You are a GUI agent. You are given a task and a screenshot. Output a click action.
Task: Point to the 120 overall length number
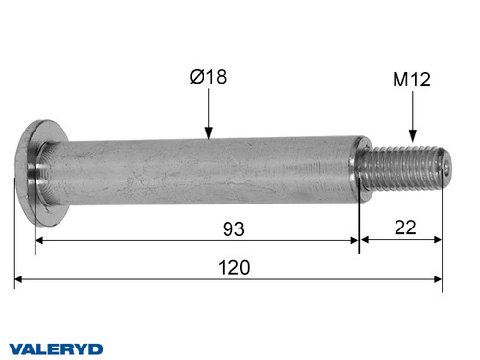click(233, 268)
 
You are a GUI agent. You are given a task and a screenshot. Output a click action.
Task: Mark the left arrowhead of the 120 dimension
click(20, 281)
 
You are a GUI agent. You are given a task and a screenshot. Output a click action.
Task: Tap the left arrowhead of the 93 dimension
click(40, 242)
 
